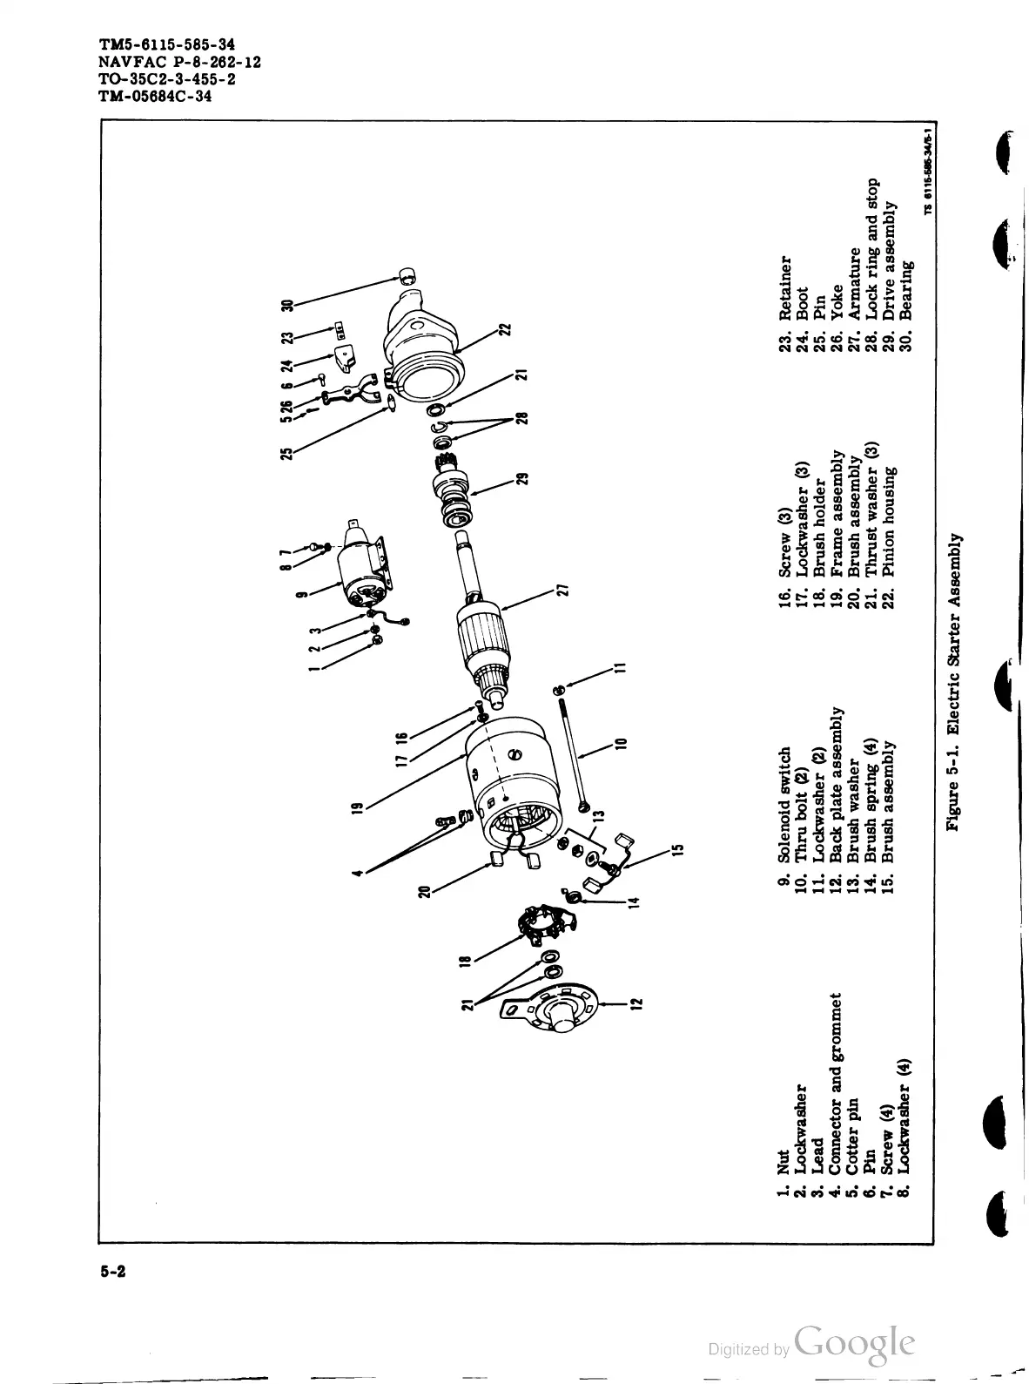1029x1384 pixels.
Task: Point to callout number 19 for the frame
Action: pyautogui.click(x=357, y=807)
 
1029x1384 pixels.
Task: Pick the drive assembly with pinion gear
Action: pyautogui.click(x=456, y=492)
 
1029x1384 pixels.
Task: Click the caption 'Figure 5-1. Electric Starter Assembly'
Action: pyautogui.click(x=954, y=680)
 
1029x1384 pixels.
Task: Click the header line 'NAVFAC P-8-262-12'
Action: pyautogui.click(x=180, y=62)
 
